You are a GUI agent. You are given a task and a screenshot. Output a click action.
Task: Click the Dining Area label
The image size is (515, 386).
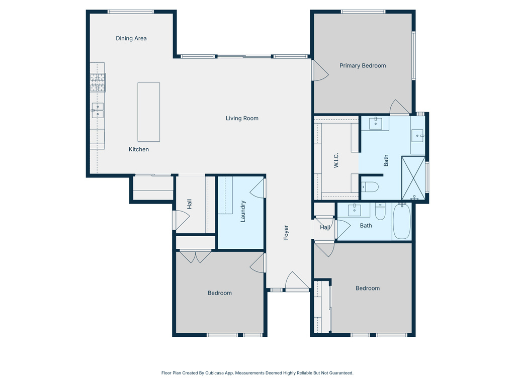click(131, 38)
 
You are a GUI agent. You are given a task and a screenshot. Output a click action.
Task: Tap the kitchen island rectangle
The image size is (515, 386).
click(149, 112)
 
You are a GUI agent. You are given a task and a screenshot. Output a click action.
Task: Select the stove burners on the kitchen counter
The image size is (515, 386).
click(98, 82)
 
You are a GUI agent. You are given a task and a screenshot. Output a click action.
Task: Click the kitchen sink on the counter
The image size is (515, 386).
click(98, 110)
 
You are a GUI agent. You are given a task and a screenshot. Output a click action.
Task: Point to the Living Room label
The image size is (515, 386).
click(242, 119)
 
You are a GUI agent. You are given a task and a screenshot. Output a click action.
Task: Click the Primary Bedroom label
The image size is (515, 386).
click(363, 66)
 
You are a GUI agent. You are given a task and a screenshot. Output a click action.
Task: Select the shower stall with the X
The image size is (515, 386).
click(413, 178)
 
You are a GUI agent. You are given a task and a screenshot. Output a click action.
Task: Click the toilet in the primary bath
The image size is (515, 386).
click(370, 187)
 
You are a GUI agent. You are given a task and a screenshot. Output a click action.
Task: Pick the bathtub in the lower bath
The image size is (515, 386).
click(402, 222)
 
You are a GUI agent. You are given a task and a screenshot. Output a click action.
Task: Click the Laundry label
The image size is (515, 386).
click(243, 212)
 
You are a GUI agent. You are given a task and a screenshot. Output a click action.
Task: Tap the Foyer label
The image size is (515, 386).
click(286, 232)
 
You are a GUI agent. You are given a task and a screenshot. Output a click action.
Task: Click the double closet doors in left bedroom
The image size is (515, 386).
click(196, 257)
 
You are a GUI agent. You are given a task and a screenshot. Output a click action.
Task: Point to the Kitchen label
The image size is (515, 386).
click(139, 149)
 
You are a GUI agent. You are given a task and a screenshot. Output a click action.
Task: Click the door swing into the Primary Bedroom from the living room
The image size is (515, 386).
click(320, 71)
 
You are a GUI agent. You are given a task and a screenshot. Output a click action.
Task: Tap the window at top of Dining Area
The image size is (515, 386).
click(131, 12)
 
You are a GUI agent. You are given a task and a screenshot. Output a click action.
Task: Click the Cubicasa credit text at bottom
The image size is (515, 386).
click(257, 373)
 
